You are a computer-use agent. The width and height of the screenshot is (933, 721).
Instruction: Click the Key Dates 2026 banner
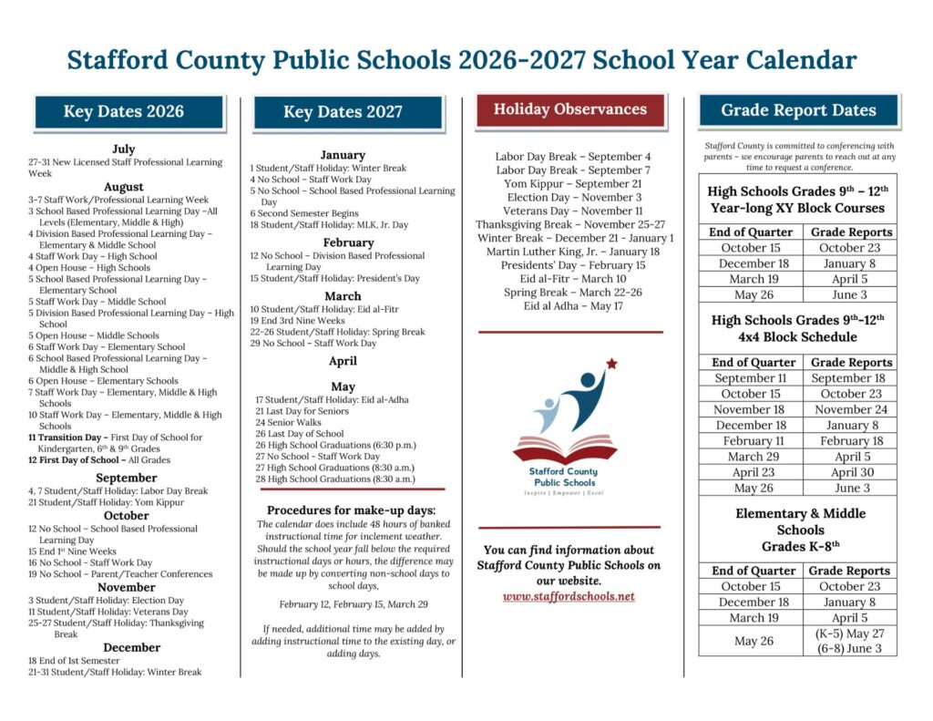click(x=124, y=112)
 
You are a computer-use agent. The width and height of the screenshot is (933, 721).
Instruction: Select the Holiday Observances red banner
click(x=570, y=109)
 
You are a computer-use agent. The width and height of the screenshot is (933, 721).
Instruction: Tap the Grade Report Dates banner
click(x=798, y=110)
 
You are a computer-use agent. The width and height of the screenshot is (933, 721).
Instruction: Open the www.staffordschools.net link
click(x=569, y=597)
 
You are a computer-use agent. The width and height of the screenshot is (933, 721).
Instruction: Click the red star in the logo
click(x=611, y=364)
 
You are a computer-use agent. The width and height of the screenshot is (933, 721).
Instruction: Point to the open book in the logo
click(x=565, y=449)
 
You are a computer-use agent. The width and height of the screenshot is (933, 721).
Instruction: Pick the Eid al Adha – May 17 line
click(x=573, y=306)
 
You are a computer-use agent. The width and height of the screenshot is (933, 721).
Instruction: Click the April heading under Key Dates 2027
click(x=343, y=361)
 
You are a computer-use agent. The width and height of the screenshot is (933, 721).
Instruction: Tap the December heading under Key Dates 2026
click(x=126, y=647)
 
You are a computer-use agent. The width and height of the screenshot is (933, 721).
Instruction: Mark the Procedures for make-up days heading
click(x=351, y=510)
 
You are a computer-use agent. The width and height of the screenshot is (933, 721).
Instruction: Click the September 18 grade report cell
click(x=847, y=378)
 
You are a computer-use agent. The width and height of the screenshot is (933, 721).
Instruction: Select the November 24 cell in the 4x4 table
click(x=847, y=409)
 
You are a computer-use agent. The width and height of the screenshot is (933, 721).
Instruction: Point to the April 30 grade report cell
click(x=847, y=472)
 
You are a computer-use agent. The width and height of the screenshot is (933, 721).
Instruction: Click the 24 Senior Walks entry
click(x=288, y=423)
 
